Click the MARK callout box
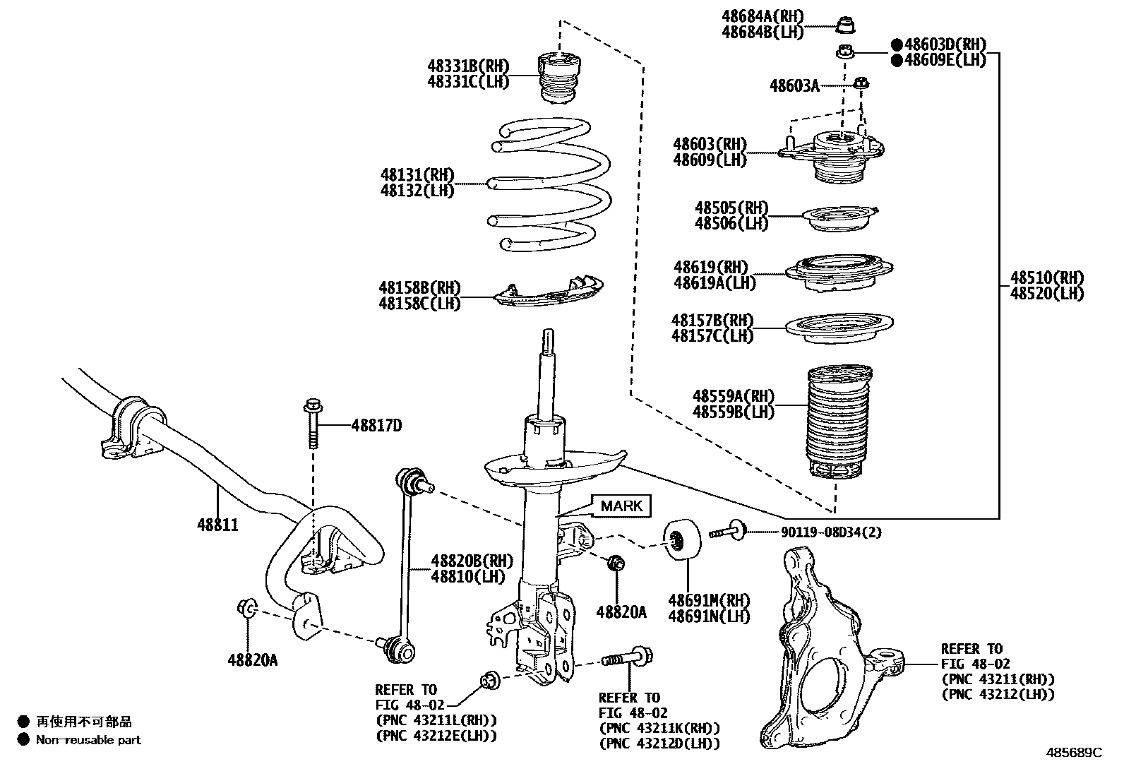(621, 506)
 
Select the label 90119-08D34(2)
(832, 532)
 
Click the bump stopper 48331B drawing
(558, 78)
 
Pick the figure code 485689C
(1074, 753)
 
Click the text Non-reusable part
(88, 740)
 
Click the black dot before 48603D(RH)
(897, 44)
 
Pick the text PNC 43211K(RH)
(659, 728)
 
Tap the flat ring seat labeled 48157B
(839, 328)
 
